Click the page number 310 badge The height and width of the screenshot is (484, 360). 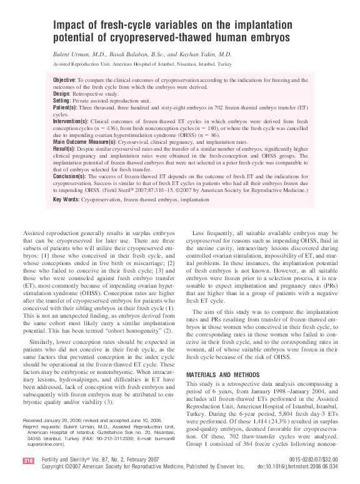pos(27,461)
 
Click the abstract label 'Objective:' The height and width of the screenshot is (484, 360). pos(64,81)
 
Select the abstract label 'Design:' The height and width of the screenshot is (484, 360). pos(62,93)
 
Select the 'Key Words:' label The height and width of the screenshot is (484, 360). pos(66,200)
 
